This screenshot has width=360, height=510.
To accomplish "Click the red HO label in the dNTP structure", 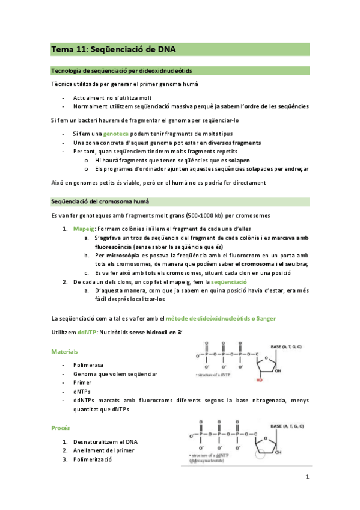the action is pyautogui.click(x=260, y=379).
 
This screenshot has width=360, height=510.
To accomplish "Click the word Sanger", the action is pyautogui.click(x=266, y=318).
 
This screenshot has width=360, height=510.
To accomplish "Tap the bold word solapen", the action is pyautogui.click(x=239, y=161).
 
